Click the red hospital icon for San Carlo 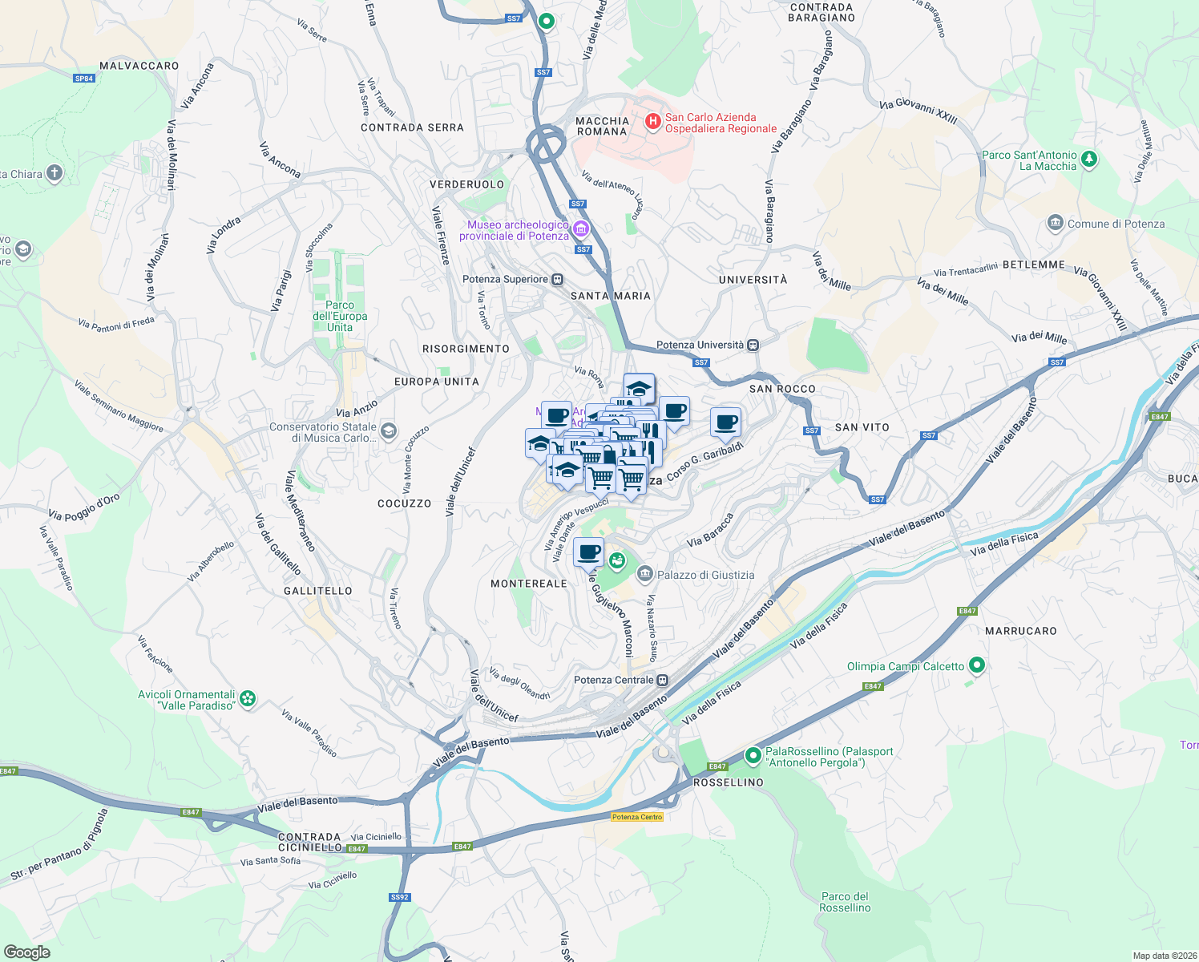(653, 122)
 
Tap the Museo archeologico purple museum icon (580, 230)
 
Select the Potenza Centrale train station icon (662, 680)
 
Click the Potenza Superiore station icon (557, 280)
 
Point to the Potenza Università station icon (753, 345)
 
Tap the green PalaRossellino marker (753, 755)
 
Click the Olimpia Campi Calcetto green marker (976, 665)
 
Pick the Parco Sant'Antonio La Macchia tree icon (1088, 159)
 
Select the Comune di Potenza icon (1056, 223)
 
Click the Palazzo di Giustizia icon (645, 574)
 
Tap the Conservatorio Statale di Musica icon (388, 431)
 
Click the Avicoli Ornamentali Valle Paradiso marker (248, 699)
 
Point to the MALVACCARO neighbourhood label (139, 66)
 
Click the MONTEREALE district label (529, 584)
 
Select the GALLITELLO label (318, 591)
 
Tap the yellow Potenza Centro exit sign (637, 817)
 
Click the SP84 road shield (84, 79)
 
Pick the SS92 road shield (399, 897)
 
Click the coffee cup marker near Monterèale (588, 552)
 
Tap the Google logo (26, 952)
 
